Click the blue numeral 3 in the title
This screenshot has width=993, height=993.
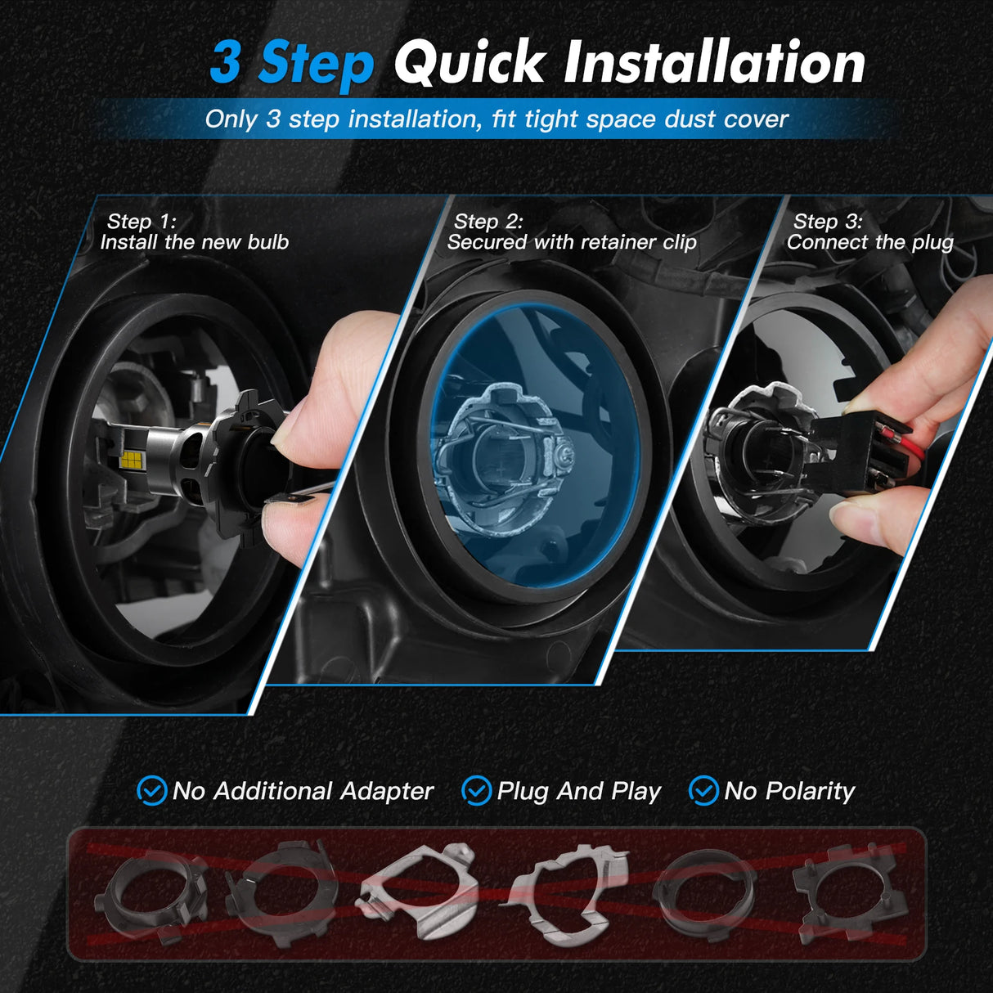click(x=227, y=63)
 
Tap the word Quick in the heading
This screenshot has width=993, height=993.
click(x=469, y=63)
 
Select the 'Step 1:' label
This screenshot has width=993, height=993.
click(x=141, y=222)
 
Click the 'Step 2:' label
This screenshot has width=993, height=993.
click(x=488, y=222)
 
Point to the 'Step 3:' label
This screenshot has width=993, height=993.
click(x=827, y=222)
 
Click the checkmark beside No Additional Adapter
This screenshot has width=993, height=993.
click(x=151, y=791)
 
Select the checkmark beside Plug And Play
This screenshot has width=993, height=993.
click(x=476, y=791)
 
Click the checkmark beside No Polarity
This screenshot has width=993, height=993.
click(x=703, y=791)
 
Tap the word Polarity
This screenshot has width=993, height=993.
click(x=810, y=791)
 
